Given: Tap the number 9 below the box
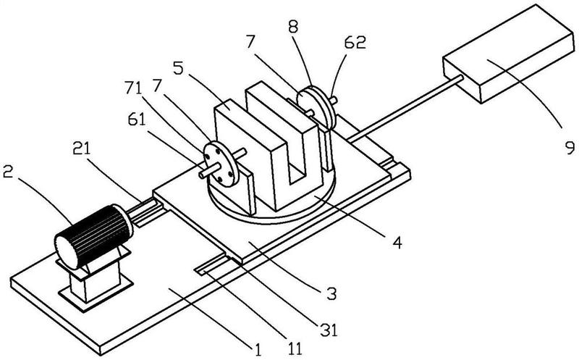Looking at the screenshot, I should (x=570, y=148).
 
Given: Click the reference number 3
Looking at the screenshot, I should (x=331, y=294).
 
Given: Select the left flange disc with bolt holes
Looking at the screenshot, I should (x=219, y=164).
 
